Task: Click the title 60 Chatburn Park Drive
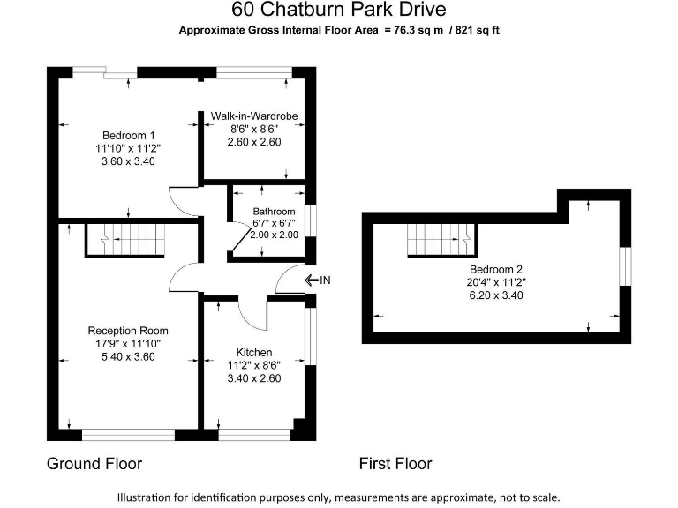point(339,10)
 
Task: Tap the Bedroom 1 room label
point(129,135)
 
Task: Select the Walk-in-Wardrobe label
point(254,116)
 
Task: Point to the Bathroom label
point(274,212)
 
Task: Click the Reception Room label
point(129,331)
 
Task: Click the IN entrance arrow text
point(325,280)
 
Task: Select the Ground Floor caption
point(94,463)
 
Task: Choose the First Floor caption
point(395,463)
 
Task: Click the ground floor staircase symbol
point(125,239)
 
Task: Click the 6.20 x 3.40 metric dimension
point(497,295)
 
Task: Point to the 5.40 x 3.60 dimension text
point(129,357)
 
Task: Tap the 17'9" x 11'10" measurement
point(129,344)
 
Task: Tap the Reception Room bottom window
point(128,433)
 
